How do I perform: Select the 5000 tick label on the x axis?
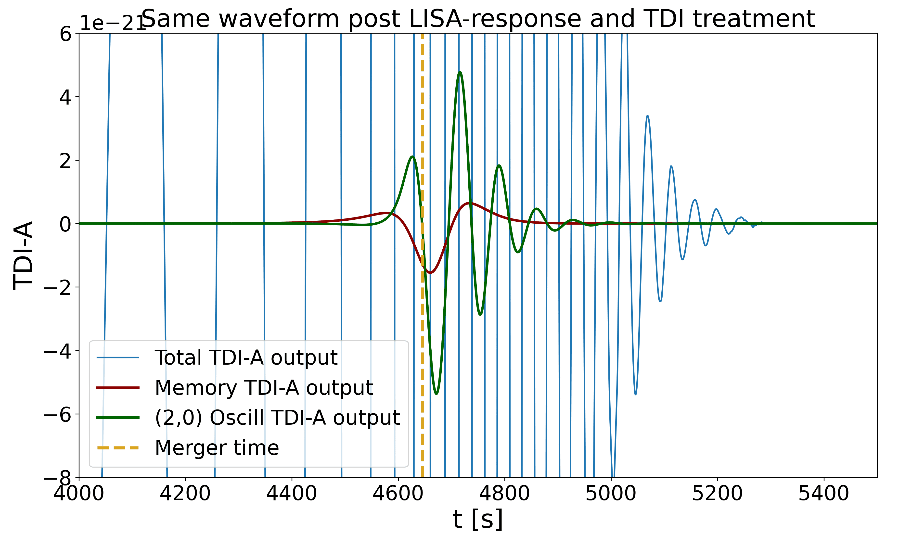tap(611, 493)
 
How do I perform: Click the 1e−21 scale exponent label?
tap(112, 24)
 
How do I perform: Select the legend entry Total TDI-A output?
tap(246, 358)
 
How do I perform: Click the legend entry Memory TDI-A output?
tap(264, 388)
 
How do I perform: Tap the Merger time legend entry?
tap(217, 448)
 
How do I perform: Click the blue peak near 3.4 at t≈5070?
tap(648, 116)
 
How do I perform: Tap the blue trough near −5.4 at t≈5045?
tap(635, 394)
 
